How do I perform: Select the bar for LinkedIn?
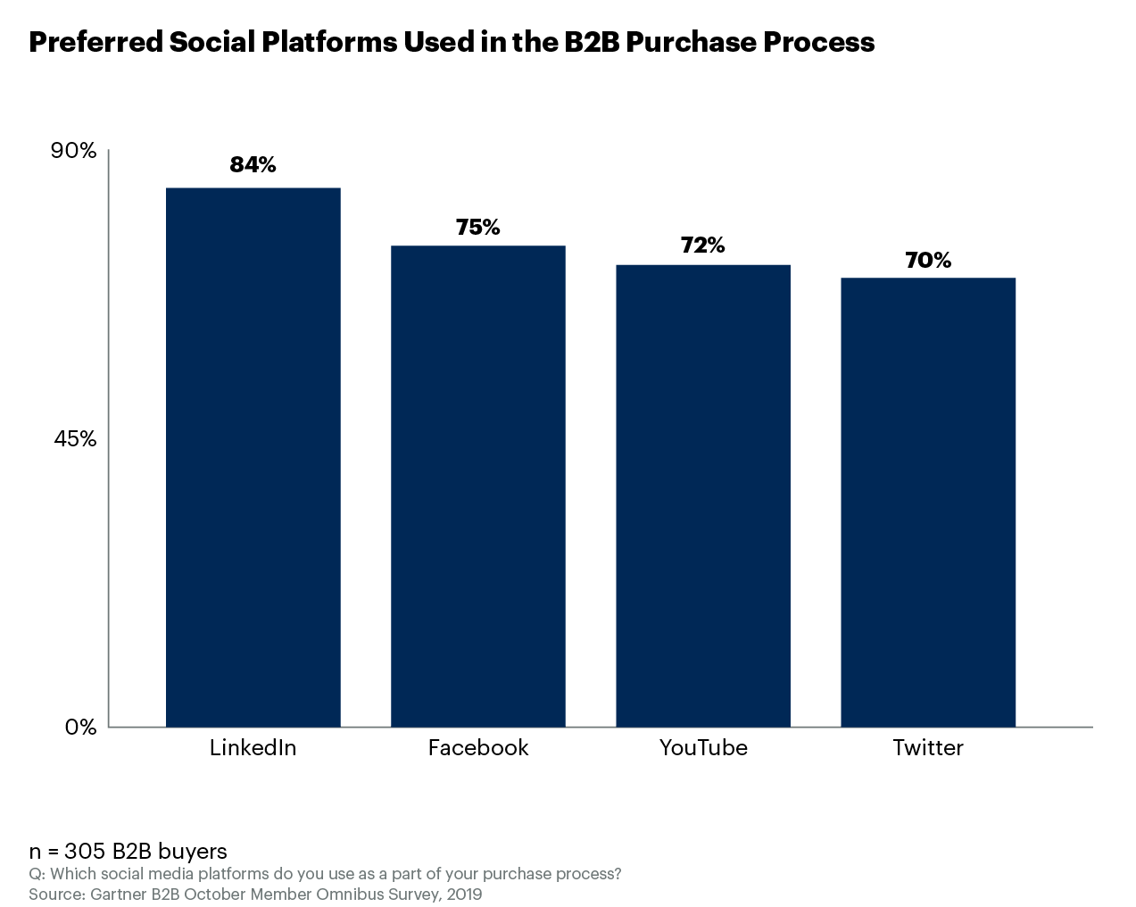[x=253, y=457]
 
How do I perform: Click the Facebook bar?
[x=478, y=486]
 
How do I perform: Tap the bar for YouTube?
[x=703, y=495]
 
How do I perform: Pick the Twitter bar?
[x=928, y=502]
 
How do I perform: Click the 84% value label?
[x=253, y=164]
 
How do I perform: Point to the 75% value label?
[x=478, y=228]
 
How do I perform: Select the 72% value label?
[x=703, y=245]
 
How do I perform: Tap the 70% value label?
[x=928, y=261]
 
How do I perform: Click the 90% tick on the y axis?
[x=73, y=151]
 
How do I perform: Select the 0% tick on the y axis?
[x=80, y=728]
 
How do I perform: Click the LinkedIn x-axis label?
[x=253, y=748]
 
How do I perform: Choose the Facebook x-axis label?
[x=478, y=748]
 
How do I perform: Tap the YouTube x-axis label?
[x=703, y=748]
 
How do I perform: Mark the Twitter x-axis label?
[x=928, y=748]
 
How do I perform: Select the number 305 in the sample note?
[x=85, y=852]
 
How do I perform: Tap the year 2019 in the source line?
[x=464, y=894]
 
